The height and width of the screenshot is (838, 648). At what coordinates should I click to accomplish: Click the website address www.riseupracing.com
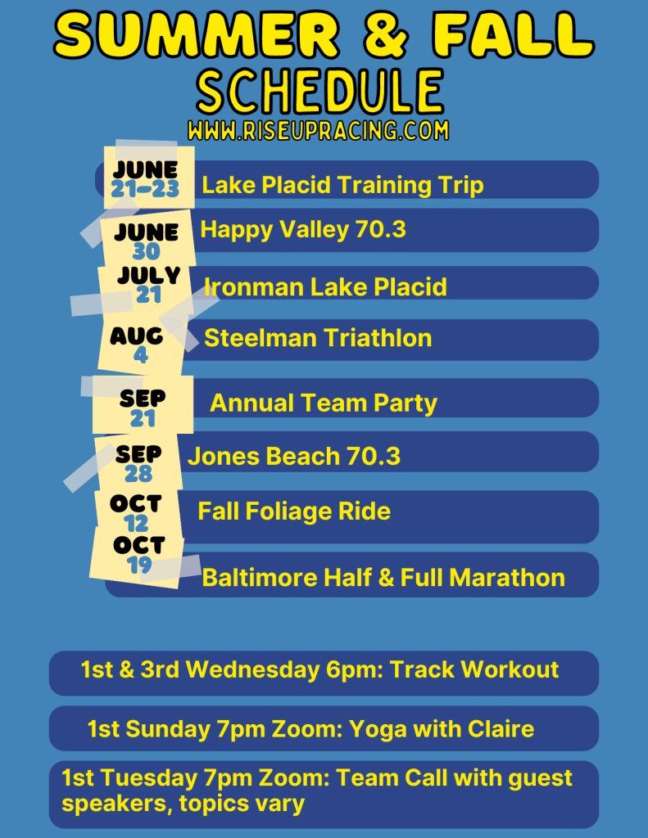318,130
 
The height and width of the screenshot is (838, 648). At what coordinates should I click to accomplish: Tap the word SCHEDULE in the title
319,91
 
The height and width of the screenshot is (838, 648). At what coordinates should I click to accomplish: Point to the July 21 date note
148,284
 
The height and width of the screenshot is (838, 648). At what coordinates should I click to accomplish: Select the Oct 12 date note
136,511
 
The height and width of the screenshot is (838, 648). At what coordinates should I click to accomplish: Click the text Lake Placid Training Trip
342,185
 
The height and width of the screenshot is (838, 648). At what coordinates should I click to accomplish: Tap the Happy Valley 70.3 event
303,229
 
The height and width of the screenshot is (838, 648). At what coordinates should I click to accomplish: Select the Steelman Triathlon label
318,338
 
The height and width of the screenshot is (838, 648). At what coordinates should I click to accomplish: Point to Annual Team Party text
324,403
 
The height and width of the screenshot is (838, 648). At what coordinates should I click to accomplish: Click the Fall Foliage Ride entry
294,511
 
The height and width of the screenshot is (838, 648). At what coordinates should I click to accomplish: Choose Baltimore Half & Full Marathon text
383,577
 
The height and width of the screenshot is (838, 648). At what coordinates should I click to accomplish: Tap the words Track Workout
474,669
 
